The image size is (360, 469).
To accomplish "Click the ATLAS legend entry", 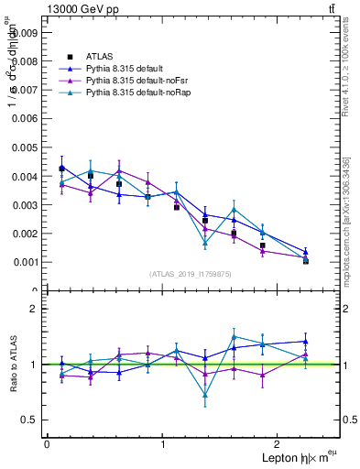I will (100, 57).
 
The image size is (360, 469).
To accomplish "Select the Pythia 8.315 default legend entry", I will (125, 69).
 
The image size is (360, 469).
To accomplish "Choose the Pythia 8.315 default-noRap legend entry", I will (134, 93).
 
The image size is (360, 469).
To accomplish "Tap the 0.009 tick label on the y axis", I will (25, 31).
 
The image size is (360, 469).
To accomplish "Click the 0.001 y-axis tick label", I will (25, 262).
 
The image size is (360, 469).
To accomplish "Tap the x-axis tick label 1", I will (162, 444).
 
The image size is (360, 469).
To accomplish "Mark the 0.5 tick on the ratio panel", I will (28, 420).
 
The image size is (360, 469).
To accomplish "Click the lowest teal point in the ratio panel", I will (205, 396).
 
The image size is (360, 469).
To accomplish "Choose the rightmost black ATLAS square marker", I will (305, 261).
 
